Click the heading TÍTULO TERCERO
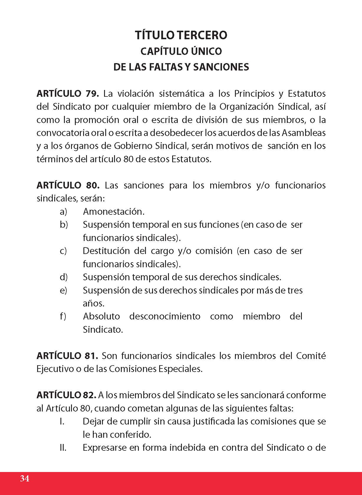click(181, 35)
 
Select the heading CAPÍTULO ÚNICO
click(181, 51)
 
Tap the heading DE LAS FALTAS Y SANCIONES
click(181, 67)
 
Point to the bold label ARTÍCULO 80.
click(68, 185)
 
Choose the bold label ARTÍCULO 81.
click(67, 356)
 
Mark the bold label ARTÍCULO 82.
click(66, 395)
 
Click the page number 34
click(25, 478)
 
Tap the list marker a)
click(63, 212)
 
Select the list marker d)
click(63, 277)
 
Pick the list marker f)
click(63, 316)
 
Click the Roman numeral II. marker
click(63, 448)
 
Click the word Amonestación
click(114, 212)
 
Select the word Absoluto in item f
click(101, 316)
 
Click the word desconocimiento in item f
click(165, 316)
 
